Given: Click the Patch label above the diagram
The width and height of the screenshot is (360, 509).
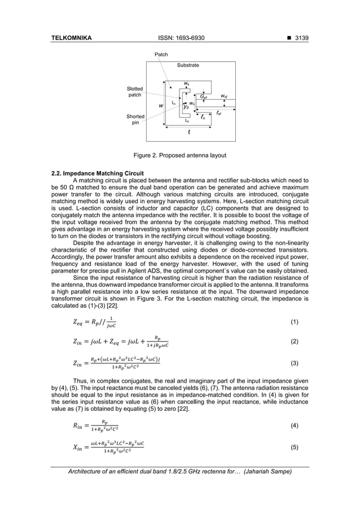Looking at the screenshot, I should pos(161,55).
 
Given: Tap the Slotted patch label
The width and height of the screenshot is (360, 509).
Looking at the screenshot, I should pos(135,92).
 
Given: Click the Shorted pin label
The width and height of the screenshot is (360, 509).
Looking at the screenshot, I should pos(135,119).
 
